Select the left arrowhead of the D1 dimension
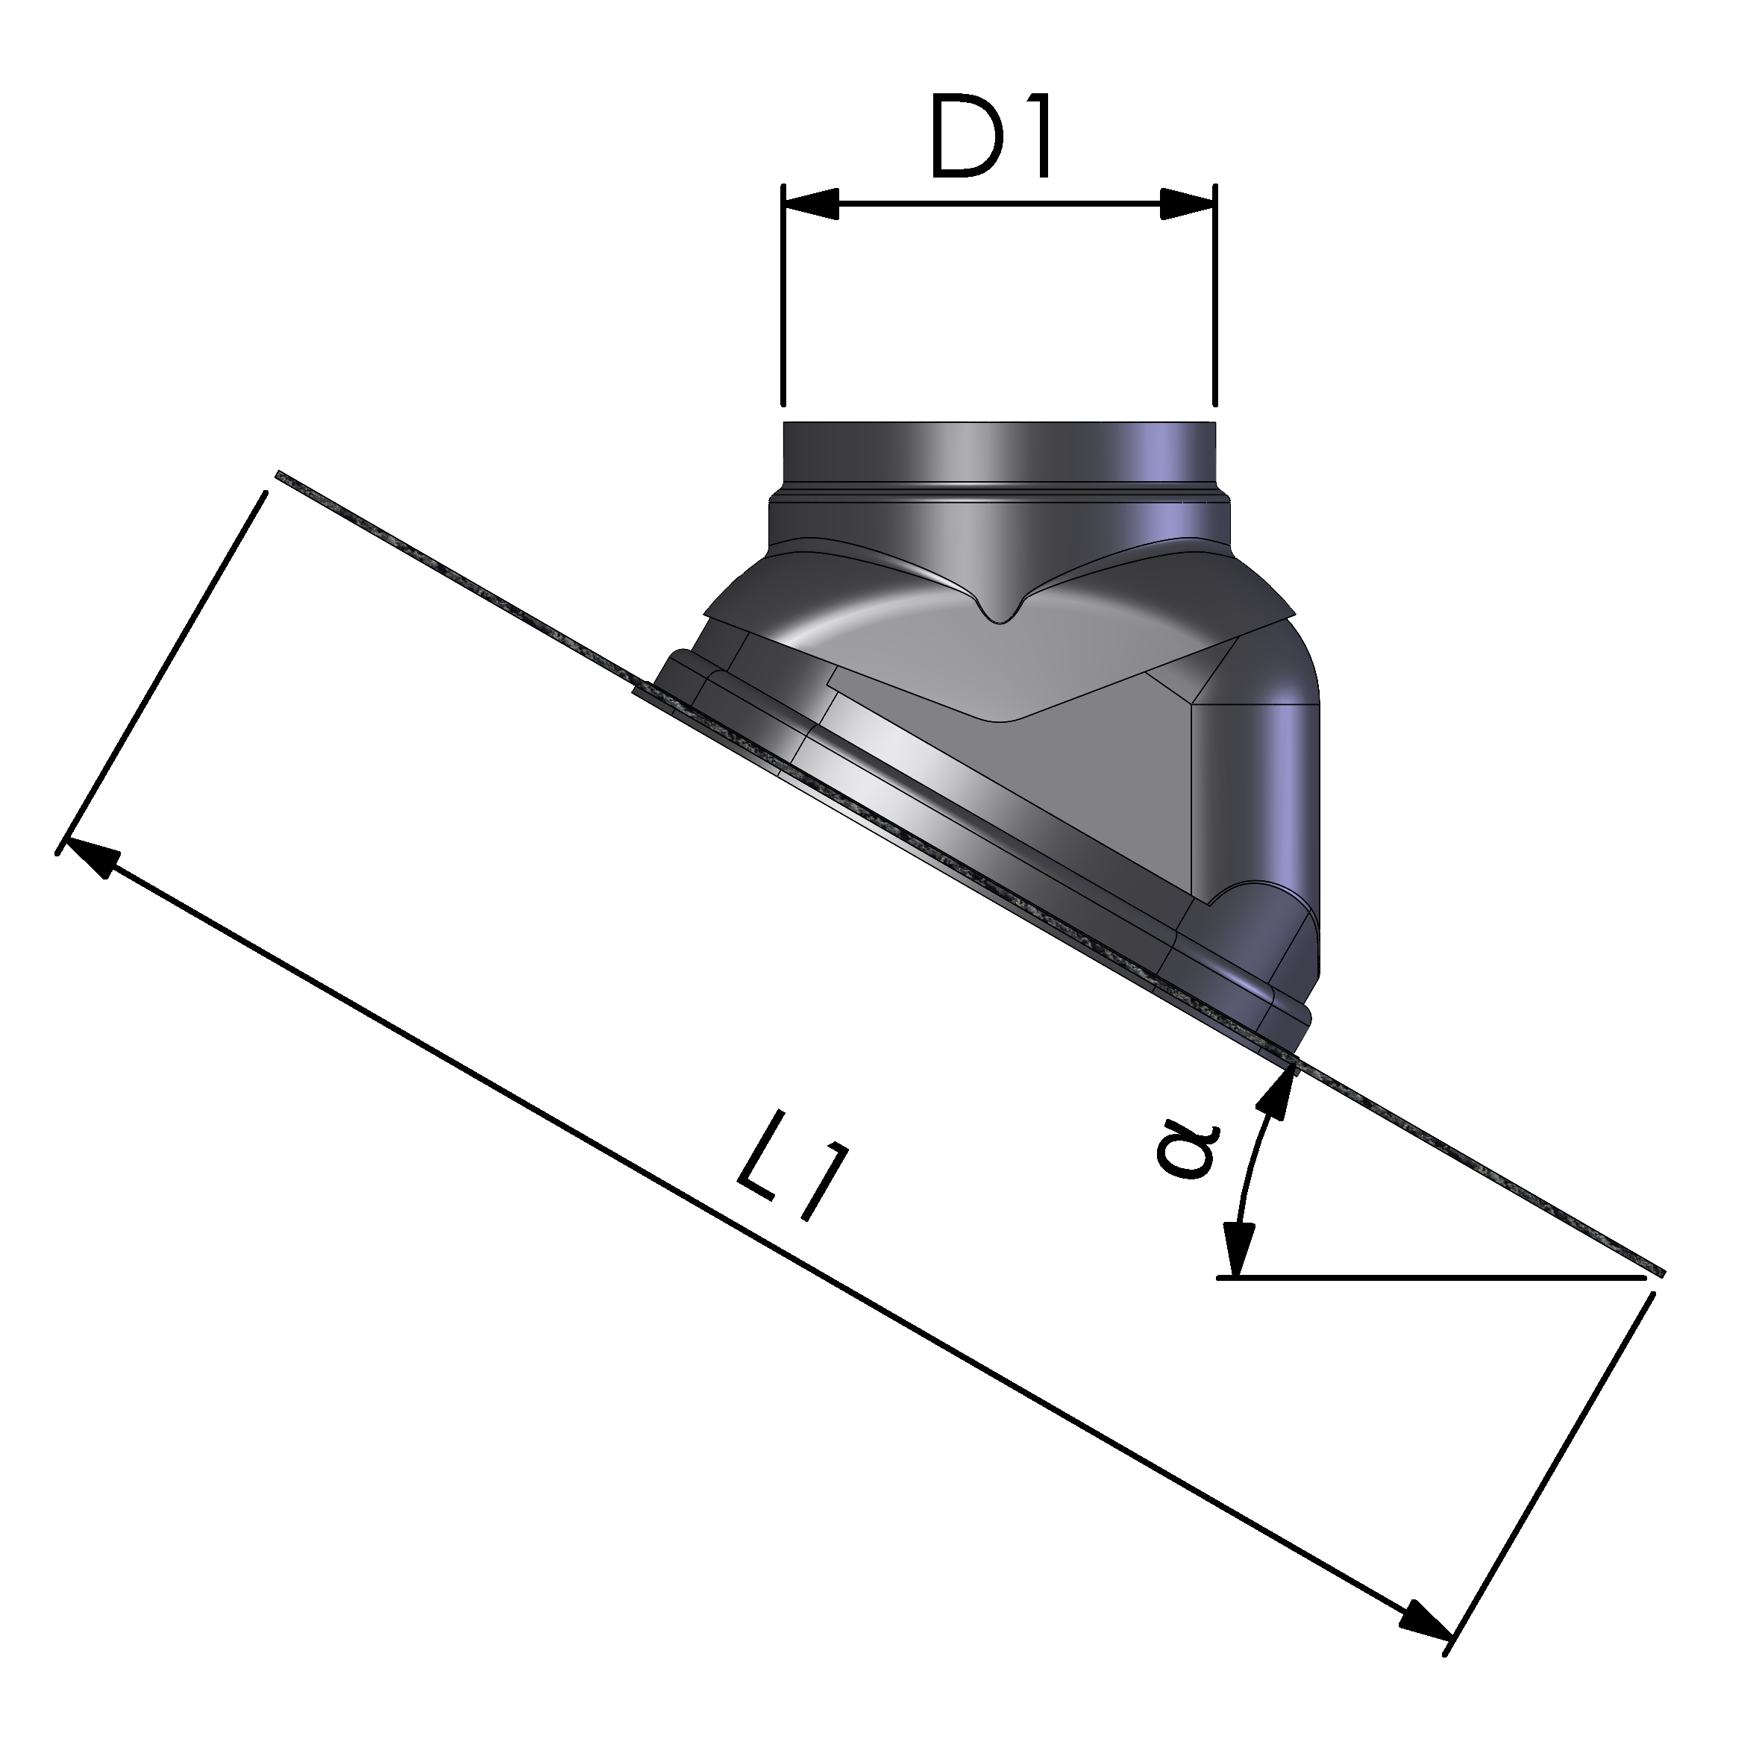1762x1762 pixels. click(x=812, y=204)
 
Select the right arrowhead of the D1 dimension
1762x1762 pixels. click(x=1188, y=204)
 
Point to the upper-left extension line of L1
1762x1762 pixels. click(x=164, y=671)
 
